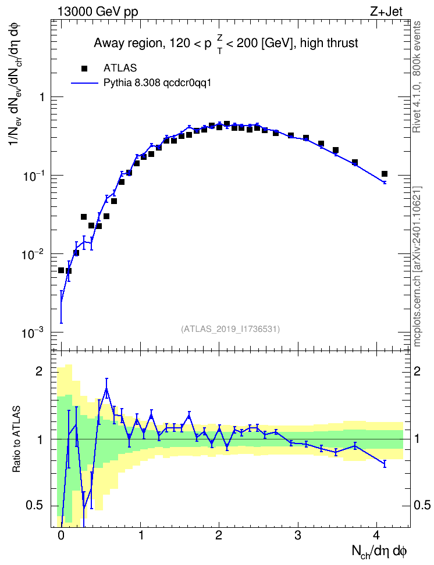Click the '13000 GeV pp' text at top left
(x=98, y=12)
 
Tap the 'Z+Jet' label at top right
(x=386, y=12)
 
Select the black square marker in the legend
(x=84, y=68)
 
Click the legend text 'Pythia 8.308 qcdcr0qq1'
(x=157, y=83)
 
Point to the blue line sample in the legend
(x=84, y=83)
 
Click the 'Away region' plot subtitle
(x=226, y=44)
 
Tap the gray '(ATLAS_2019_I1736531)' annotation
(x=230, y=328)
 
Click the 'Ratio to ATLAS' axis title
(x=16, y=438)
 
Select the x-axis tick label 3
(x=298, y=535)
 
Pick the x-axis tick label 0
(x=61, y=535)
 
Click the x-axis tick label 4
(x=376, y=535)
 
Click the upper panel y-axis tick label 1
(x=42, y=97)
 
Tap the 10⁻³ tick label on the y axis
(x=32, y=332)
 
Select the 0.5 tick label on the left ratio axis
(x=35, y=506)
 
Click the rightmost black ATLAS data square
(x=385, y=174)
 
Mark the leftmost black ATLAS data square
(x=61, y=270)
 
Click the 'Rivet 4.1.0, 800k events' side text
(x=417, y=77)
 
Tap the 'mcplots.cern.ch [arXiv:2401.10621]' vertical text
(x=417, y=266)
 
